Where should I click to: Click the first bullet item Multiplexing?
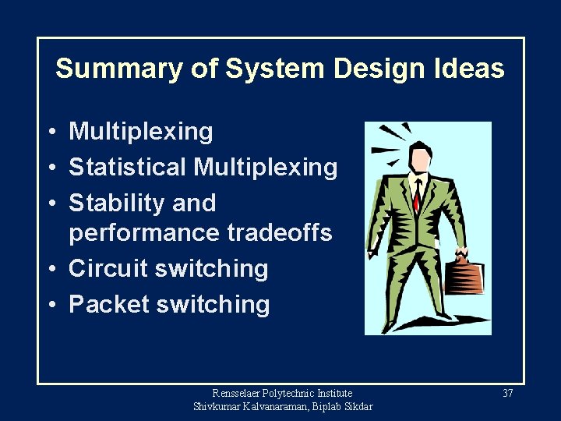(x=140, y=132)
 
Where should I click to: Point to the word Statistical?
(x=128, y=167)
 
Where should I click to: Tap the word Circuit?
(x=108, y=268)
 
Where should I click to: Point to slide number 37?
(x=507, y=394)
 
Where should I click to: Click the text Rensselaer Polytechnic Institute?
(x=282, y=394)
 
